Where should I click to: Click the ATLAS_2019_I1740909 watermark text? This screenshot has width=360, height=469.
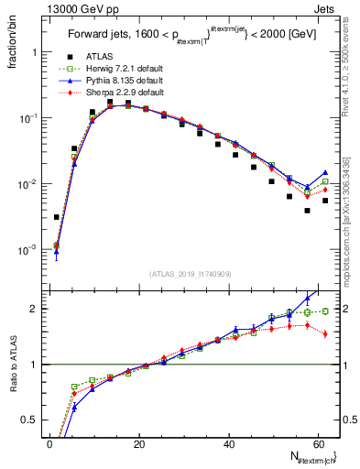tap(189, 274)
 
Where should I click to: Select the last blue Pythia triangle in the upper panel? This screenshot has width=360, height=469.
tap(325, 172)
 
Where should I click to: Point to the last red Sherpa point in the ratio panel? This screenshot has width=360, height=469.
tap(325, 333)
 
